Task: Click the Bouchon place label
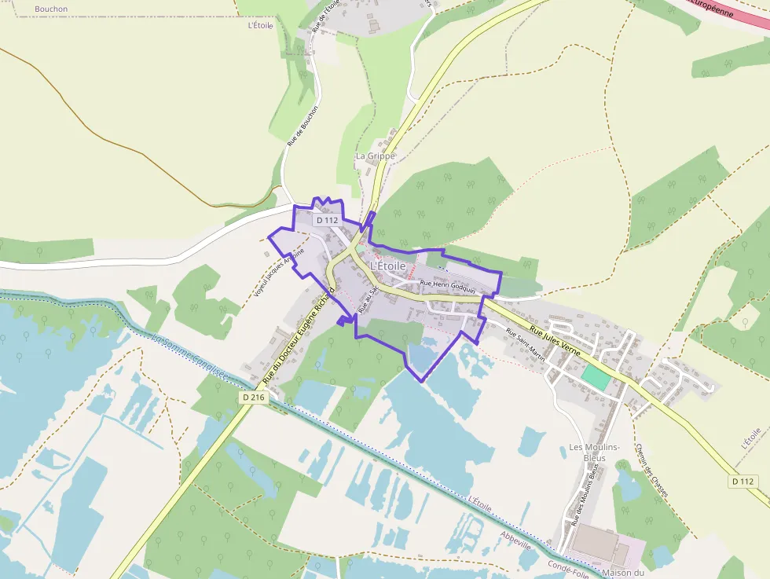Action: (51, 9)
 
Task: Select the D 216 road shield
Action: (255, 398)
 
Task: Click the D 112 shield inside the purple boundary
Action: (327, 221)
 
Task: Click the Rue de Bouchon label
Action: (302, 126)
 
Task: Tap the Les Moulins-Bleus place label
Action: (595, 453)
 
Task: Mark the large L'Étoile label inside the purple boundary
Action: (387, 266)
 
